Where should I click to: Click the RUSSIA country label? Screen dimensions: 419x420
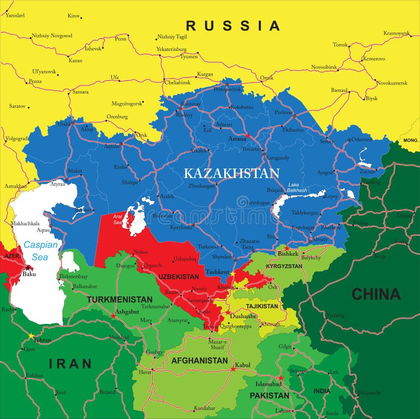pyautogui.click(x=233, y=25)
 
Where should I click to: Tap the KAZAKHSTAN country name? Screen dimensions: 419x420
pyautogui.click(x=232, y=173)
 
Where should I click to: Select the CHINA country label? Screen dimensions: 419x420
pyautogui.click(x=376, y=294)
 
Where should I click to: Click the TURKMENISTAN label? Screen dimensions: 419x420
pyautogui.click(x=120, y=299)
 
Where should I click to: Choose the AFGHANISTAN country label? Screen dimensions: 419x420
pyautogui.click(x=199, y=361)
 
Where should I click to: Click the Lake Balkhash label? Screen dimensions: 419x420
pyautogui.click(x=297, y=187)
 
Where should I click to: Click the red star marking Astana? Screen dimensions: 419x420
pyautogui.click(x=248, y=136)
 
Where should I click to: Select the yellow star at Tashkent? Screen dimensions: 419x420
pyautogui.click(x=233, y=274)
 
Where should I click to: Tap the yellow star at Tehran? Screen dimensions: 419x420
pyautogui.click(x=31, y=336)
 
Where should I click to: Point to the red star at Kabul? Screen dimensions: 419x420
pyautogui.click(x=233, y=369)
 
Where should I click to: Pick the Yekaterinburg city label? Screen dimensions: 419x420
pyautogui.click(x=171, y=49)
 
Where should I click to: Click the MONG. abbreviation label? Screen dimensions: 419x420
pyautogui.click(x=411, y=141)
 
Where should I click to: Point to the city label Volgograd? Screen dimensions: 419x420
pyautogui.click(x=16, y=139)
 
